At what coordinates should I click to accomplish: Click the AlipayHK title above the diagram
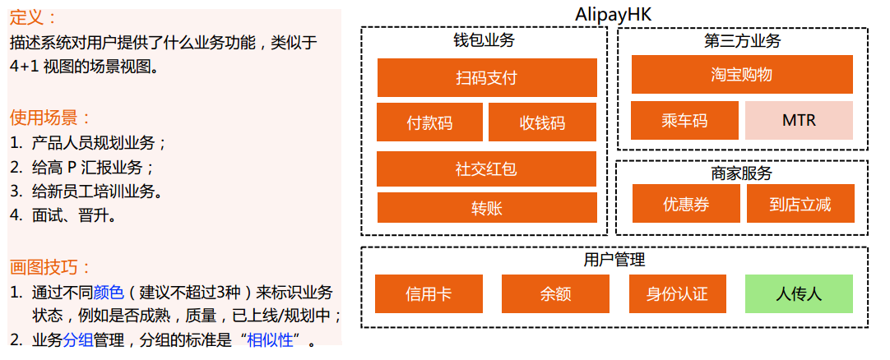coord(614,15)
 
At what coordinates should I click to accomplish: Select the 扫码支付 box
coord(487,78)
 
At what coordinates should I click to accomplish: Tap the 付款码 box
coord(429,122)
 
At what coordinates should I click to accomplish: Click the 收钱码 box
coord(542,122)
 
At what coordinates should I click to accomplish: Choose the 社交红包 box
coord(486,169)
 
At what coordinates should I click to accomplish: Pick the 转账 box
coord(487,208)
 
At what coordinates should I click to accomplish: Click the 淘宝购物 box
coord(742,75)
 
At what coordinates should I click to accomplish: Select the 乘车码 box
coord(684,121)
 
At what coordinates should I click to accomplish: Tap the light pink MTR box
coord(799,121)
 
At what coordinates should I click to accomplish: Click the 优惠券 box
coord(686,204)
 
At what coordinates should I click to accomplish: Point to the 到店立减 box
coord(800,204)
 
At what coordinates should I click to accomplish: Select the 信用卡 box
coord(429,293)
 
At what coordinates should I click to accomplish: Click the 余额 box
coord(555,293)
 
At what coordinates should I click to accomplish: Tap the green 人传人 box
coord(799,293)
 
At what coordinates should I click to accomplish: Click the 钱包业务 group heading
coord(484,40)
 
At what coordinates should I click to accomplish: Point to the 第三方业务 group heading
coord(742,40)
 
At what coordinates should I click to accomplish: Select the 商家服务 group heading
coord(742,173)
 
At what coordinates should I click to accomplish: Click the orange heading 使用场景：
coord(50,118)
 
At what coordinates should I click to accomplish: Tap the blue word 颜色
coord(109,293)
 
